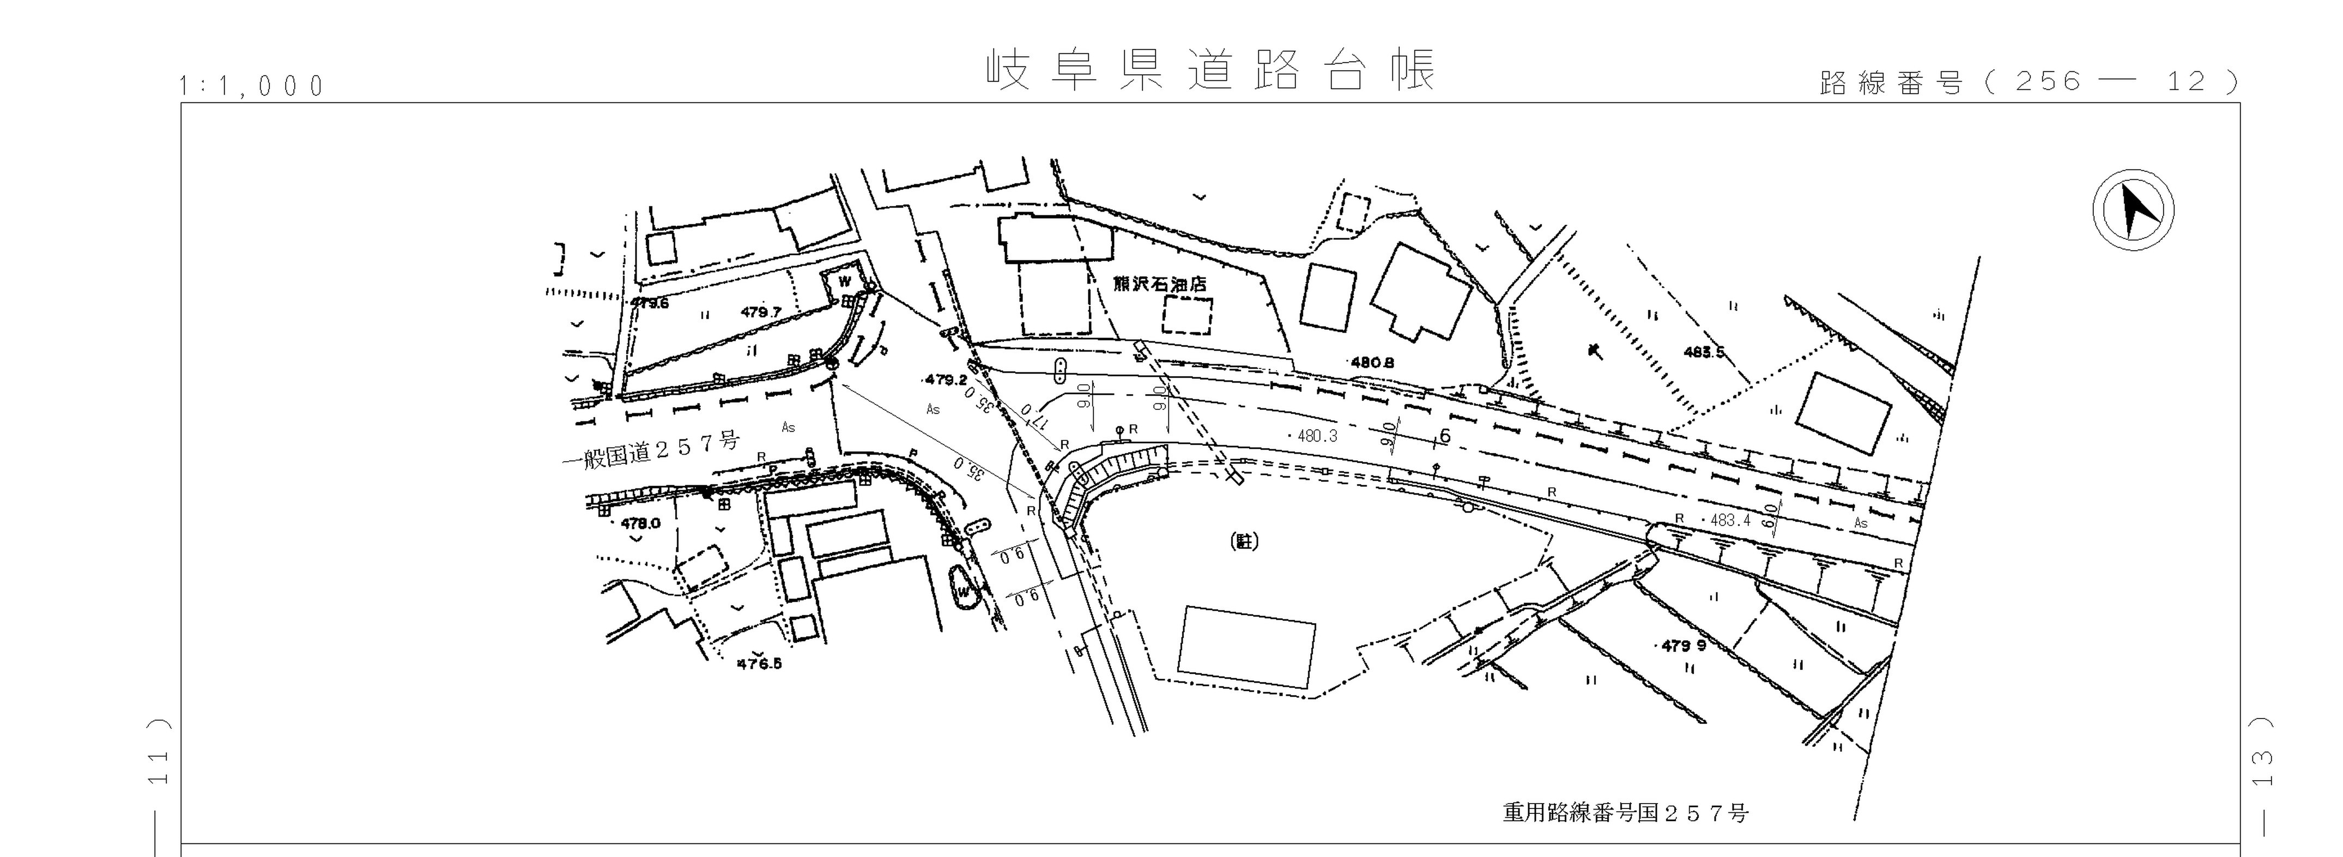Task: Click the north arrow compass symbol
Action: click(x=2133, y=209)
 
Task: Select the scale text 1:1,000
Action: click(x=252, y=87)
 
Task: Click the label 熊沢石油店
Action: click(x=1160, y=284)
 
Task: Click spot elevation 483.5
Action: click(x=1704, y=352)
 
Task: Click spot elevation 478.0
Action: click(x=640, y=523)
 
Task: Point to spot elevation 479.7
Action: click(x=760, y=312)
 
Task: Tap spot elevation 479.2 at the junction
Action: click(x=946, y=379)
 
